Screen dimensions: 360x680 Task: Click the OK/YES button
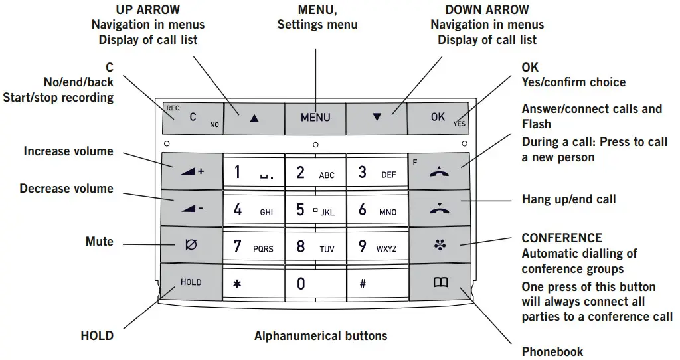pyautogui.click(x=439, y=117)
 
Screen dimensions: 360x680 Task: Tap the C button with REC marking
pyautogui.click(x=193, y=117)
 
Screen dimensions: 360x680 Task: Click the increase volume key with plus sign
pyautogui.click(x=191, y=171)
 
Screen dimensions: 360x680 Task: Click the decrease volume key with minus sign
pyautogui.click(x=191, y=209)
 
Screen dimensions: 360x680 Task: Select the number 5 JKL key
pyautogui.click(x=315, y=209)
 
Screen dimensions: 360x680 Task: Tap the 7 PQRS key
pyautogui.click(x=253, y=246)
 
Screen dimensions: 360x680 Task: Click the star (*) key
pyautogui.click(x=253, y=284)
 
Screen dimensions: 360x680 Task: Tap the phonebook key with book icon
pyautogui.click(x=440, y=282)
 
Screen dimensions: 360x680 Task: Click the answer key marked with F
pyautogui.click(x=440, y=171)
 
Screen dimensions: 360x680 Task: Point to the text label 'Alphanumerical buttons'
pyautogui.click(x=321, y=335)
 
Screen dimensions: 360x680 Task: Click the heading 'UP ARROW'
pyautogui.click(x=147, y=9)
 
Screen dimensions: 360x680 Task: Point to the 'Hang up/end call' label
pyautogui.click(x=568, y=199)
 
